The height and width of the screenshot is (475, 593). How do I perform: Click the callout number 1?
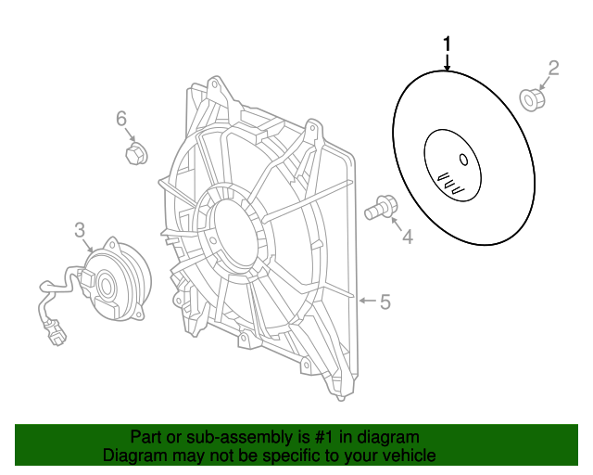point(448,44)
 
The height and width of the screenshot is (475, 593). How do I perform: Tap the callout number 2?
point(553,69)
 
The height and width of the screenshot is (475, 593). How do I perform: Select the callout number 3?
point(80,230)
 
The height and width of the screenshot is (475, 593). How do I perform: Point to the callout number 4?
point(408,237)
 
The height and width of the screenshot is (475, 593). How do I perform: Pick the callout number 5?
point(385,302)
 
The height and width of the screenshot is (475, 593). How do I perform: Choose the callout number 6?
point(121,119)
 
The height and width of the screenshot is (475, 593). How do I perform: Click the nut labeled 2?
point(533,100)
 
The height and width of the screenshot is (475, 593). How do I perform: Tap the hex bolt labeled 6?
point(136,154)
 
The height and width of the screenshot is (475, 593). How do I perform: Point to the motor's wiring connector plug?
point(56,333)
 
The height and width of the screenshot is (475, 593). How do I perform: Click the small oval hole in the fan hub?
point(463,160)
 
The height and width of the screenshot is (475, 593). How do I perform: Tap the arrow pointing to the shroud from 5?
point(367,301)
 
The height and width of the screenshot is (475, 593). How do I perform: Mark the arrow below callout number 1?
point(448,62)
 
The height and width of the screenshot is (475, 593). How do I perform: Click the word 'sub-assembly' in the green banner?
point(240,438)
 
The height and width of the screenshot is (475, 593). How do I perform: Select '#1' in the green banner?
point(325,437)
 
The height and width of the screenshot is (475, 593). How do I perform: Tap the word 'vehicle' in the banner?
point(410,455)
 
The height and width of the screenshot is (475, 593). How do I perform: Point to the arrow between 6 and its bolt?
point(130,135)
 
